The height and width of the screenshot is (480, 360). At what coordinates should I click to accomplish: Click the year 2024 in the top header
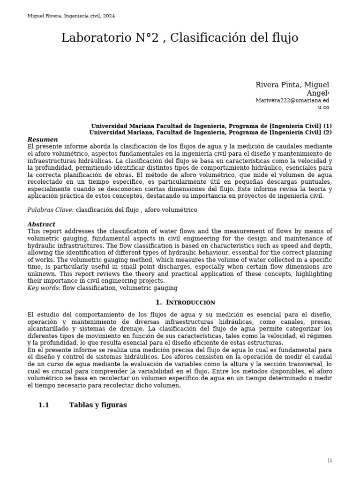click(109, 16)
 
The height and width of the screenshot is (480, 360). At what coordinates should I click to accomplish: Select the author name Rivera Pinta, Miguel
click(292, 85)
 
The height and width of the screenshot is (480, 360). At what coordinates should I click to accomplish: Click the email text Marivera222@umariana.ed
click(292, 100)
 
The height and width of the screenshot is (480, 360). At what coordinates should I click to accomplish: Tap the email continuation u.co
click(323, 107)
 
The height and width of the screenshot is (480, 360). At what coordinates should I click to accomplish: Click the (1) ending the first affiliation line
click(327, 126)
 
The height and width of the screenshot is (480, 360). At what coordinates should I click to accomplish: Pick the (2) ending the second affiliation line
click(327, 132)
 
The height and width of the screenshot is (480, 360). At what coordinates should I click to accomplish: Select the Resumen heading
click(43, 140)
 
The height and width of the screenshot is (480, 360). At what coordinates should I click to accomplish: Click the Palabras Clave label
click(51, 210)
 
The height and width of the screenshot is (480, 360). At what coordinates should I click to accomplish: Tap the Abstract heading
click(41, 225)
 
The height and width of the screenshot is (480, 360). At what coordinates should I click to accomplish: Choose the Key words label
click(44, 288)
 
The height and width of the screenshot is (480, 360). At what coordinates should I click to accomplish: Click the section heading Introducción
click(190, 303)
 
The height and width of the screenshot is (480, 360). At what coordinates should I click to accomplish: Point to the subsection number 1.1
click(44, 405)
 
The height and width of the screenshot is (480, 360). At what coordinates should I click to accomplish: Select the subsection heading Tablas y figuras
click(98, 405)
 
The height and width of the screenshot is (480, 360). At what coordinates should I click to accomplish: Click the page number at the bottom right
click(330, 461)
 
